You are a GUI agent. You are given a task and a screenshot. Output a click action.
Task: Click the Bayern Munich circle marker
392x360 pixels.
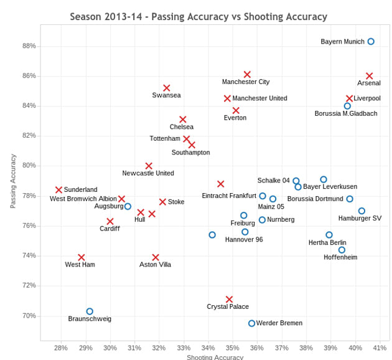371,42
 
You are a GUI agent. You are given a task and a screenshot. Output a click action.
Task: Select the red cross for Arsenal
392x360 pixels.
369,76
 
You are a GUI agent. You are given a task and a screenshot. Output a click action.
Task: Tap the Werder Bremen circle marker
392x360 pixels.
251,323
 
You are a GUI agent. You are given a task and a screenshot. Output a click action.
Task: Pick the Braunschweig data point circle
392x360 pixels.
90,311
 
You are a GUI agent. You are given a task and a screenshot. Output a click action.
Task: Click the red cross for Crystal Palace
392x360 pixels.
229,300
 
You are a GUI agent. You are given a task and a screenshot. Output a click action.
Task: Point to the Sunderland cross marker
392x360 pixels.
58,190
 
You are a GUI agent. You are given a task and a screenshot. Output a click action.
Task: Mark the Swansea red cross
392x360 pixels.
167,88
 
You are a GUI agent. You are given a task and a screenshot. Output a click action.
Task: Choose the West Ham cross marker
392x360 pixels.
81,257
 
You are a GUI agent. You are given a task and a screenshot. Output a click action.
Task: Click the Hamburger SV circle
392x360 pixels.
362,211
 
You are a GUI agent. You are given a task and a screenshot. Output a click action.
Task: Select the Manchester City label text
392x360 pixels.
246,82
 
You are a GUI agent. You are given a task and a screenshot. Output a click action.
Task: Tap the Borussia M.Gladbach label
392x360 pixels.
346,113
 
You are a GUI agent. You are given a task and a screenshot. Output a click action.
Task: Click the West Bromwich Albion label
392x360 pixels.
83,199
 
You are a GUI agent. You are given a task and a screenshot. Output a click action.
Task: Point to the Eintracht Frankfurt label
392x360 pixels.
229,196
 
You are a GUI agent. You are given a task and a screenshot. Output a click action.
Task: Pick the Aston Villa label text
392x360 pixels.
155,265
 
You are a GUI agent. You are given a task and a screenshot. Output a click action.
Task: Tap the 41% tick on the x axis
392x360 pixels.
380,348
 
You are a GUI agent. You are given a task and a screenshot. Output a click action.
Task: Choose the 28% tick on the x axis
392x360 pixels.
61,348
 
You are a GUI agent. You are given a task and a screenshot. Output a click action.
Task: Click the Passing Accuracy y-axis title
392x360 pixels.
13,181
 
